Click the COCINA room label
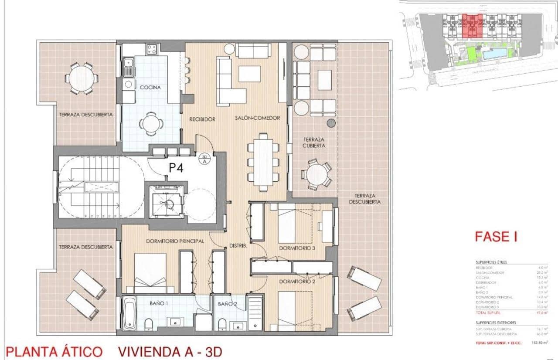pos(150,87)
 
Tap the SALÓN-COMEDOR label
pos(257,118)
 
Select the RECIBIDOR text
pos(202,119)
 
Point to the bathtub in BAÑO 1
pos(129,313)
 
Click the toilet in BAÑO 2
pos(222,323)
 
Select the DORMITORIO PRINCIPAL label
pos(169,241)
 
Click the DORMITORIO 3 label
pos(298,248)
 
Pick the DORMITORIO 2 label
pos(298,281)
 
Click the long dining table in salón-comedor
pos(263,162)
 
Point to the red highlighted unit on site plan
pos(472,25)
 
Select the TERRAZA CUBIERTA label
pos(314,143)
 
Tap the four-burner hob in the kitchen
pos(152,49)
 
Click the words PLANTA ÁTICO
pos(54,351)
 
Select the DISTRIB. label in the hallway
pos(238,246)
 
